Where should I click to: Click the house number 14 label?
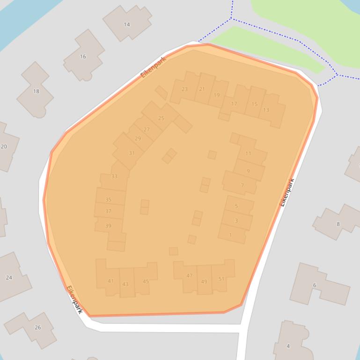127,24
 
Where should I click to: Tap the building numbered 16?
83,57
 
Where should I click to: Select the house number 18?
36,91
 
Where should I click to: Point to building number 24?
9,277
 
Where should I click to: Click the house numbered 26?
37,327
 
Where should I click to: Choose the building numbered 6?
315,285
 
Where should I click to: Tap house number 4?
288,346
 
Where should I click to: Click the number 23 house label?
184,89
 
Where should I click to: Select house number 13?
266,110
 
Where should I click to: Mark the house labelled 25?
161,118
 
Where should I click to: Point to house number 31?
132,153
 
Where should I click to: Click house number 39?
108,226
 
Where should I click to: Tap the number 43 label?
125,284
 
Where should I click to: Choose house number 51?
221,279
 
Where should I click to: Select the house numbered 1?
230,235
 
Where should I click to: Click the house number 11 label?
248,153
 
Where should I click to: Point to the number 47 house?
189,276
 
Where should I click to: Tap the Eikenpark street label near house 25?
154,67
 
